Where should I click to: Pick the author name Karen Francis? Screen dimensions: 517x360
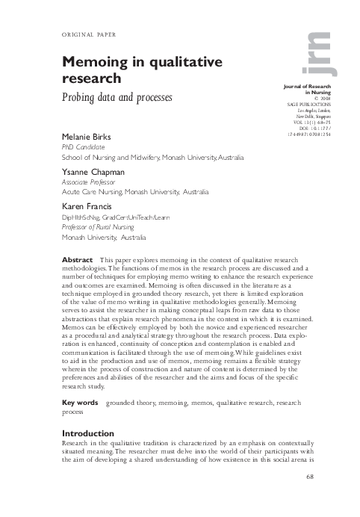point(85,205)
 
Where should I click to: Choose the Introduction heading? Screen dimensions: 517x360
point(88,433)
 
